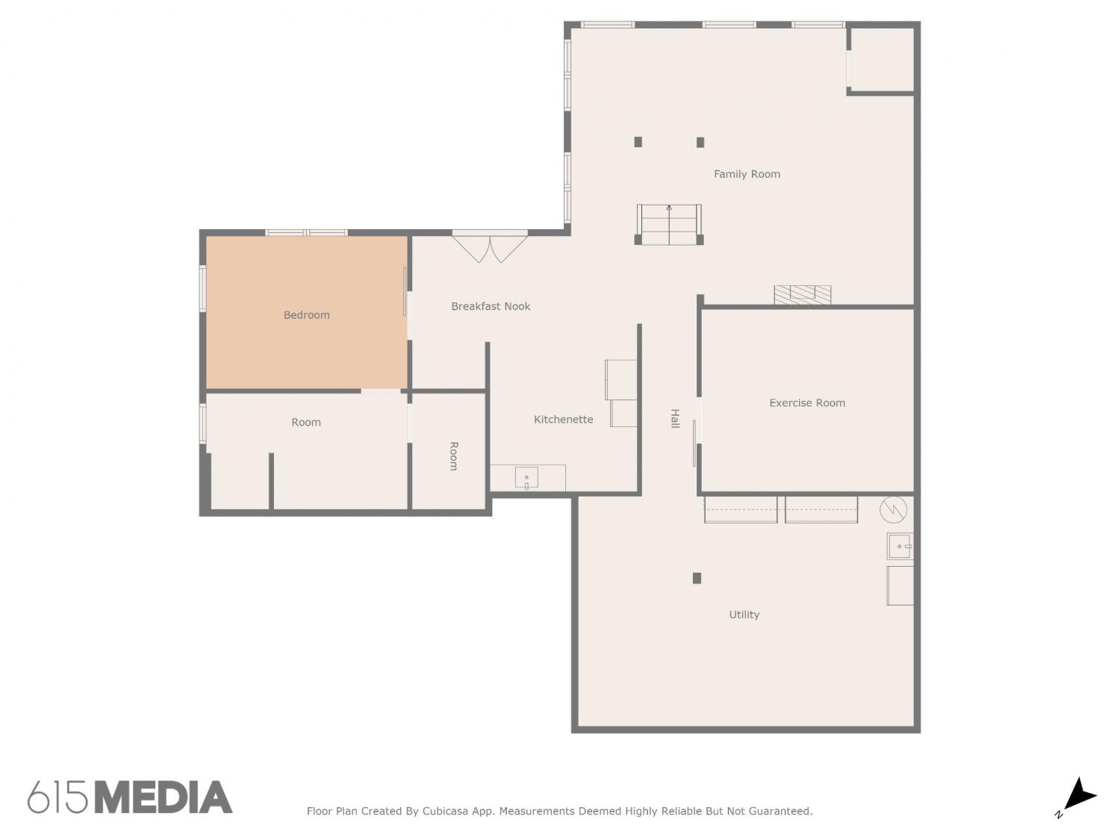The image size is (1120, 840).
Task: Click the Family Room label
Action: click(747, 175)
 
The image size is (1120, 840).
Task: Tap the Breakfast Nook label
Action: click(491, 306)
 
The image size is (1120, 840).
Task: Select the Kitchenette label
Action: click(563, 419)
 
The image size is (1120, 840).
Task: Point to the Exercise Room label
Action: click(806, 403)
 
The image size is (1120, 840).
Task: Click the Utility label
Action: click(744, 615)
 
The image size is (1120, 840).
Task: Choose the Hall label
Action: click(674, 418)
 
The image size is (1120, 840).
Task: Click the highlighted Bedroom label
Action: click(306, 314)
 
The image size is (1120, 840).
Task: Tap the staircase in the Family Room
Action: click(668, 225)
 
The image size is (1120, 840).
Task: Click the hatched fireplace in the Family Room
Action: click(802, 295)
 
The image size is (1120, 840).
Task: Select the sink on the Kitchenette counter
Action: click(526, 478)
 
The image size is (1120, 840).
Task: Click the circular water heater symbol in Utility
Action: click(893, 509)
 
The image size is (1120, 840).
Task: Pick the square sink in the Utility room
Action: click(900, 547)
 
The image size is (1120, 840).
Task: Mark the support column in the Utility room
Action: click(697, 578)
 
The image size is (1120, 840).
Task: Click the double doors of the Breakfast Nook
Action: click(490, 246)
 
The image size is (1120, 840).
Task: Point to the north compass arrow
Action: click(1080, 795)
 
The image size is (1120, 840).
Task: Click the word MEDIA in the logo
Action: click(164, 797)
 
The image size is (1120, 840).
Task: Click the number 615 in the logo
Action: click(57, 797)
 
